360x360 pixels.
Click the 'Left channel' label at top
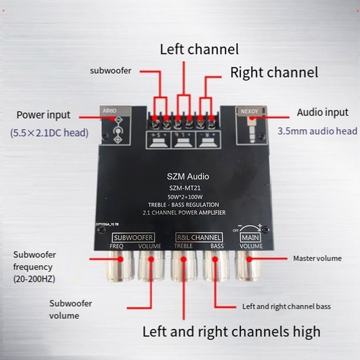point(199,49)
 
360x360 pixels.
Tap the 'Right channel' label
point(274,72)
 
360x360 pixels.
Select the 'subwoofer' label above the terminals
point(111,71)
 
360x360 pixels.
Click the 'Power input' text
point(43,115)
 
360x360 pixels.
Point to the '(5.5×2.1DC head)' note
point(49,133)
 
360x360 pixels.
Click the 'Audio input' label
point(322,112)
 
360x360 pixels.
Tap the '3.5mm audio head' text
point(317,131)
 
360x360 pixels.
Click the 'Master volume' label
point(317,259)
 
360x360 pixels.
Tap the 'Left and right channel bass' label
point(286,307)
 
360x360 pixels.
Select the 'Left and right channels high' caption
point(231,331)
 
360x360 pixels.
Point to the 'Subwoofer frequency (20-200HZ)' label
point(34,267)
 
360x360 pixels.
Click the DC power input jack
point(118,130)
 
